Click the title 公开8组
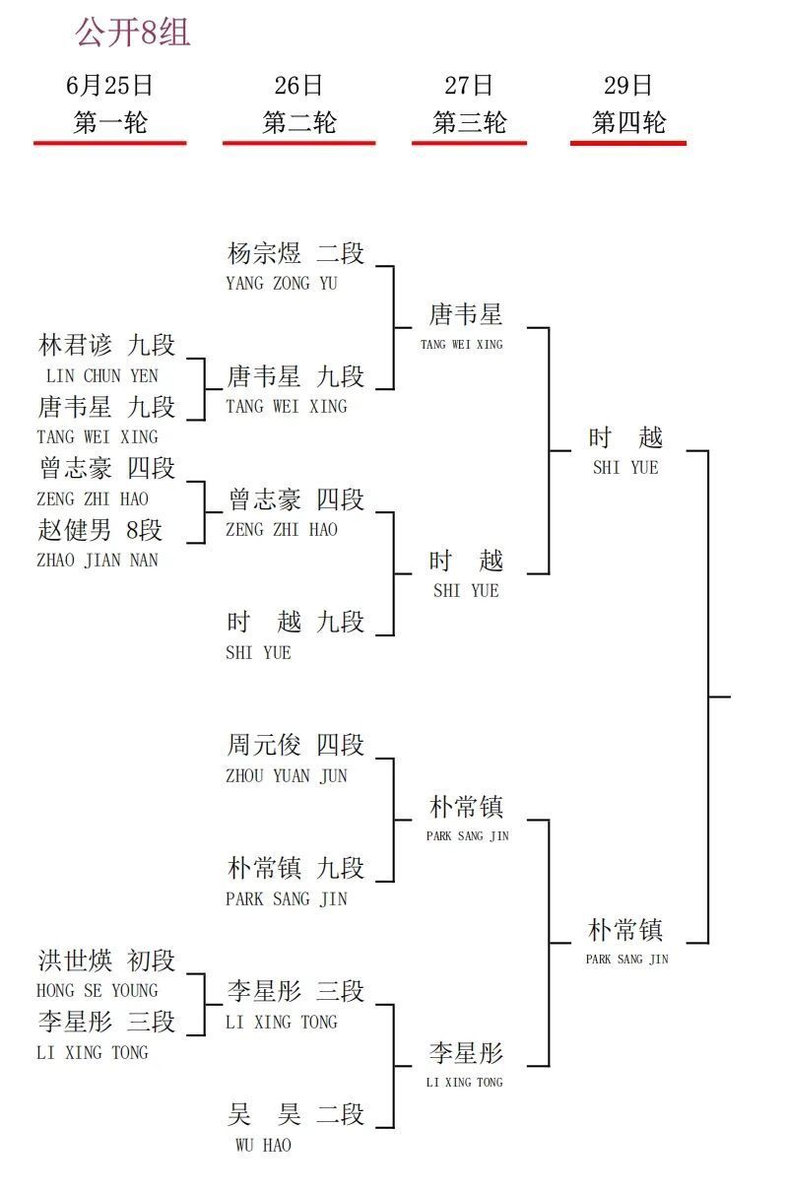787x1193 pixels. [x=132, y=33]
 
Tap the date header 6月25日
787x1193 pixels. [x=109, y=86]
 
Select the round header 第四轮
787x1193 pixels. [x=628, y=122]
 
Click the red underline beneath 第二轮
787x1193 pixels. [x=298, y=143]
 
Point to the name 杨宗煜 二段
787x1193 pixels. [x=295, y=253]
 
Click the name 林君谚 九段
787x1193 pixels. [x=106, y=345]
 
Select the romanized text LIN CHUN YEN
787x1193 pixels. [x=102, y=376]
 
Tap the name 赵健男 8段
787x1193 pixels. [x=100, y=530]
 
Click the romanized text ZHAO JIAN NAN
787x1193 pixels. [x=98, y=561]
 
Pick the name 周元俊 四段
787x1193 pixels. [x=295, y=745]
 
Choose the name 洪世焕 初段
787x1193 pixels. [x=106, y=961]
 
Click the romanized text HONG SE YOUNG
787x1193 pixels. [x=98, y=991]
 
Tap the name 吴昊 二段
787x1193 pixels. [x=295, y=1114]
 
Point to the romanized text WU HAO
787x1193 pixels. [x=264, y=1145]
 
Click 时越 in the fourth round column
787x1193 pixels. [x=625, y=437]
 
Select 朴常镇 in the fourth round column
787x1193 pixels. [x=625, y=930]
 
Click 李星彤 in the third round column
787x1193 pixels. [x=466, y=1053]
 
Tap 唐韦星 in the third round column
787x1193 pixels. [x=466, y=314]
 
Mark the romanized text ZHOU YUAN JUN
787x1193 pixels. [x=287, y=776]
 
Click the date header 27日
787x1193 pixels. [x=469, y=86]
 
